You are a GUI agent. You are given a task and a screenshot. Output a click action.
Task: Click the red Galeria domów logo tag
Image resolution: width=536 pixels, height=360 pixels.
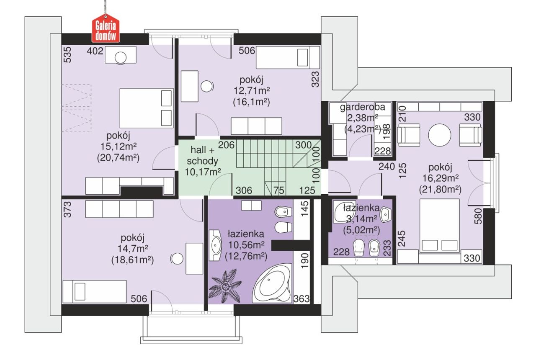[106, 28]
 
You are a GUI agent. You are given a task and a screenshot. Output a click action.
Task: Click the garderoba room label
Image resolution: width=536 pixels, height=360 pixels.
[363, 107]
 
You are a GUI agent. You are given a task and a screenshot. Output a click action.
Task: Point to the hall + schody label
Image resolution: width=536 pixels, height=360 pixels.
[203, 155]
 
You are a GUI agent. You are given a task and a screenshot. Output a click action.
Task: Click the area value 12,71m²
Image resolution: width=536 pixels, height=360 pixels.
[252, 91]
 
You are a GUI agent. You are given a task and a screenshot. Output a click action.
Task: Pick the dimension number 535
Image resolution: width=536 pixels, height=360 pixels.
[68, 55]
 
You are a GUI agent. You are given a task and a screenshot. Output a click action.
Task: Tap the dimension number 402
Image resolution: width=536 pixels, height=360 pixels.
[95, 51]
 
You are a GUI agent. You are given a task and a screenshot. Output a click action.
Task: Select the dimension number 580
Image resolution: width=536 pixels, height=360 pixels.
[478, 216]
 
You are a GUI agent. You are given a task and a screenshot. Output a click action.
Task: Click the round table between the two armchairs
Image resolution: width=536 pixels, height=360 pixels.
[440, 135]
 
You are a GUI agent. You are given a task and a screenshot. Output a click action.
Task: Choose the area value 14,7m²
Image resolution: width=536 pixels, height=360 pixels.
[133, 249]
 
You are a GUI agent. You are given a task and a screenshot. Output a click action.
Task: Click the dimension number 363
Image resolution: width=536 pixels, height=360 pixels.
[301, 299]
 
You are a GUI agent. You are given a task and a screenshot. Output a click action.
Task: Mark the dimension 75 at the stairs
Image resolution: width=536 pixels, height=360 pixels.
[279, 190]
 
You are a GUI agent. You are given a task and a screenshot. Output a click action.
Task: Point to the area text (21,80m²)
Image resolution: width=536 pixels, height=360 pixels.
[440, 190]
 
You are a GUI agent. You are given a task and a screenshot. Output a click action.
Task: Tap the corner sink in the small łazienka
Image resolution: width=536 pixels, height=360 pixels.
[343, 212]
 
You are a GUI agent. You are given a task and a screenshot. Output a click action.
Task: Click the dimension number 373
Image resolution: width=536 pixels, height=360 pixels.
[68, 210]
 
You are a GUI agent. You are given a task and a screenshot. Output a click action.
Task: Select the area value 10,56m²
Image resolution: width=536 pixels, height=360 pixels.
[246, 245]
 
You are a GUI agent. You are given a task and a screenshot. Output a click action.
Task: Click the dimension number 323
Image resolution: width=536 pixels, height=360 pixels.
[315, 79]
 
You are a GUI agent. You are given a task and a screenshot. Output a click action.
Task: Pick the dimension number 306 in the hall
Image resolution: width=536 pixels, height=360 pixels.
[244, 190]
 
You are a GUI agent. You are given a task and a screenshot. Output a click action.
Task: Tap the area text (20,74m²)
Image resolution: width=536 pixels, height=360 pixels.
[118, 158]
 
